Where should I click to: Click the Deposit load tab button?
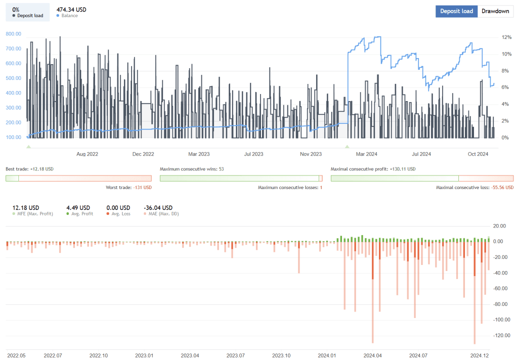[x=456, y=11]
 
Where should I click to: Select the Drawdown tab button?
[x=495, y=11]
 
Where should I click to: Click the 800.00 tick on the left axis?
[x=13, y=34]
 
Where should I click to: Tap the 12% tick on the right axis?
[x=505, y=37]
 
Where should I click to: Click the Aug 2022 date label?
[x=87, y=154]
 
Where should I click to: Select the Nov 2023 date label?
[x=311, y=154]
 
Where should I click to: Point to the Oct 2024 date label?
[x=478, y=154]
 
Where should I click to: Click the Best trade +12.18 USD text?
[x=29, y=169]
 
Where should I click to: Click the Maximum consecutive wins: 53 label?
[x=192, y=169]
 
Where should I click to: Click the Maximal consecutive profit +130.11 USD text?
[x=373, y=169]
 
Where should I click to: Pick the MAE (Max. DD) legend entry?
[x=161, y=214]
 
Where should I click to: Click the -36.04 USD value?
[x=158, y=207]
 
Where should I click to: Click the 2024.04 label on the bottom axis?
[x=372, y=355]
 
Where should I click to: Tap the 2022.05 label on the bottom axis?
[x=16, y=355]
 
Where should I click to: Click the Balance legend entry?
[x=69, y=16]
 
